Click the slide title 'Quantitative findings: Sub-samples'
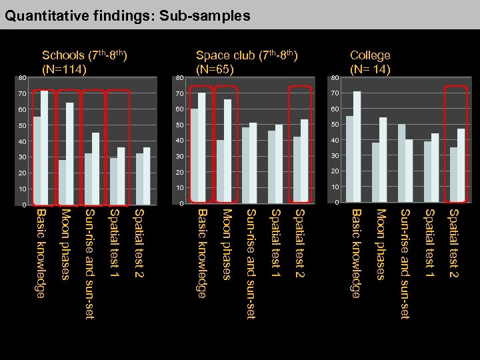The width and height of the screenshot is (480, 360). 127,15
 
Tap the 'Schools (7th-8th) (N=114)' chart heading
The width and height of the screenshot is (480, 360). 85,61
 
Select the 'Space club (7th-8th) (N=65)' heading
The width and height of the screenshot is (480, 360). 247,61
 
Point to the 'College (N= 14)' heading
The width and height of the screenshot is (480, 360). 370,61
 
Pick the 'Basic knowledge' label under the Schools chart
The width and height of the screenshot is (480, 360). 40,253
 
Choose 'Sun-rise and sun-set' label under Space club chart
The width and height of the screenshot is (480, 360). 251,263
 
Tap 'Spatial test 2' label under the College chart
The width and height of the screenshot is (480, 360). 453,243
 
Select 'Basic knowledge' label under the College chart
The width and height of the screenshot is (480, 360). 356,253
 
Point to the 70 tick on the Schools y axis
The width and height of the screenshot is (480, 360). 22,93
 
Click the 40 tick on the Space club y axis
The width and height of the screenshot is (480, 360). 179,140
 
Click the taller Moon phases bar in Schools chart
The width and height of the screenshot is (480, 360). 69,153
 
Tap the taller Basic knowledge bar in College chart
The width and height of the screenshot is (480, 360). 357,147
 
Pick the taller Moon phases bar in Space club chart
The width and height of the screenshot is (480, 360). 227,151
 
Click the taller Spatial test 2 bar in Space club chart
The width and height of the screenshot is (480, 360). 305,161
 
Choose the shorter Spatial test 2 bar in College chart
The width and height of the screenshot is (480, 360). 453,175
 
